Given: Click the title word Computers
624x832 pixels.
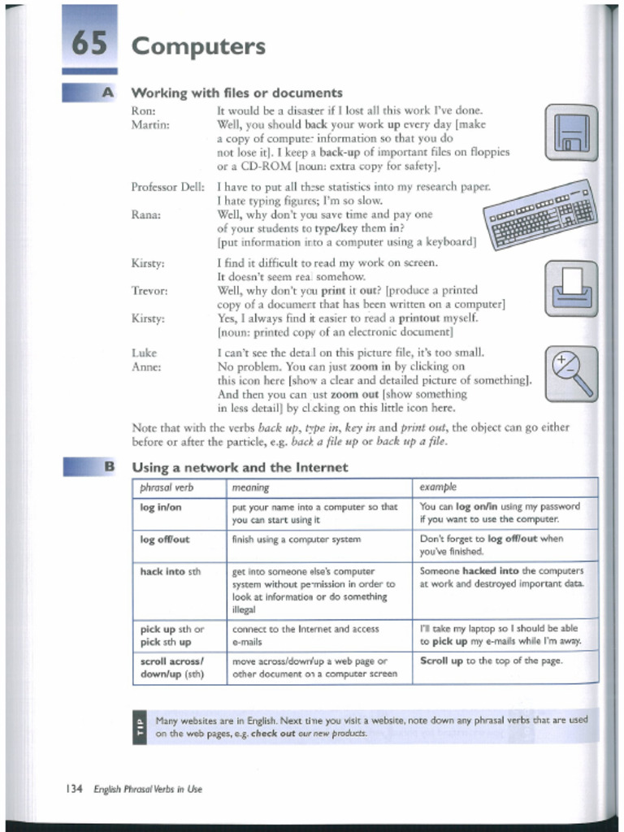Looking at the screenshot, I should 198,46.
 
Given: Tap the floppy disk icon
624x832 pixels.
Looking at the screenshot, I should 571,132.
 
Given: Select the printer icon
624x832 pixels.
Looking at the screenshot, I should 571,288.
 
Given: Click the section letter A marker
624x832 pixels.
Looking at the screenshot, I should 107,93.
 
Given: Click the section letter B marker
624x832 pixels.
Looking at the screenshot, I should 108,466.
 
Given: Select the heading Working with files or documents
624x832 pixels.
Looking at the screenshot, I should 236,93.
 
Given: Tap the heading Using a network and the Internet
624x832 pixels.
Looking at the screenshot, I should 240,467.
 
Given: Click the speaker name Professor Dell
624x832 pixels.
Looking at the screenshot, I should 167,188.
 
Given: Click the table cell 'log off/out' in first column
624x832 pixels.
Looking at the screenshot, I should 165,539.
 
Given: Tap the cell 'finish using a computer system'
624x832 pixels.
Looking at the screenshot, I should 297,539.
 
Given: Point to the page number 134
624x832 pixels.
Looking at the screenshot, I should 74,789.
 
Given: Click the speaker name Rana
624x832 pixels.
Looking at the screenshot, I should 145,215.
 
